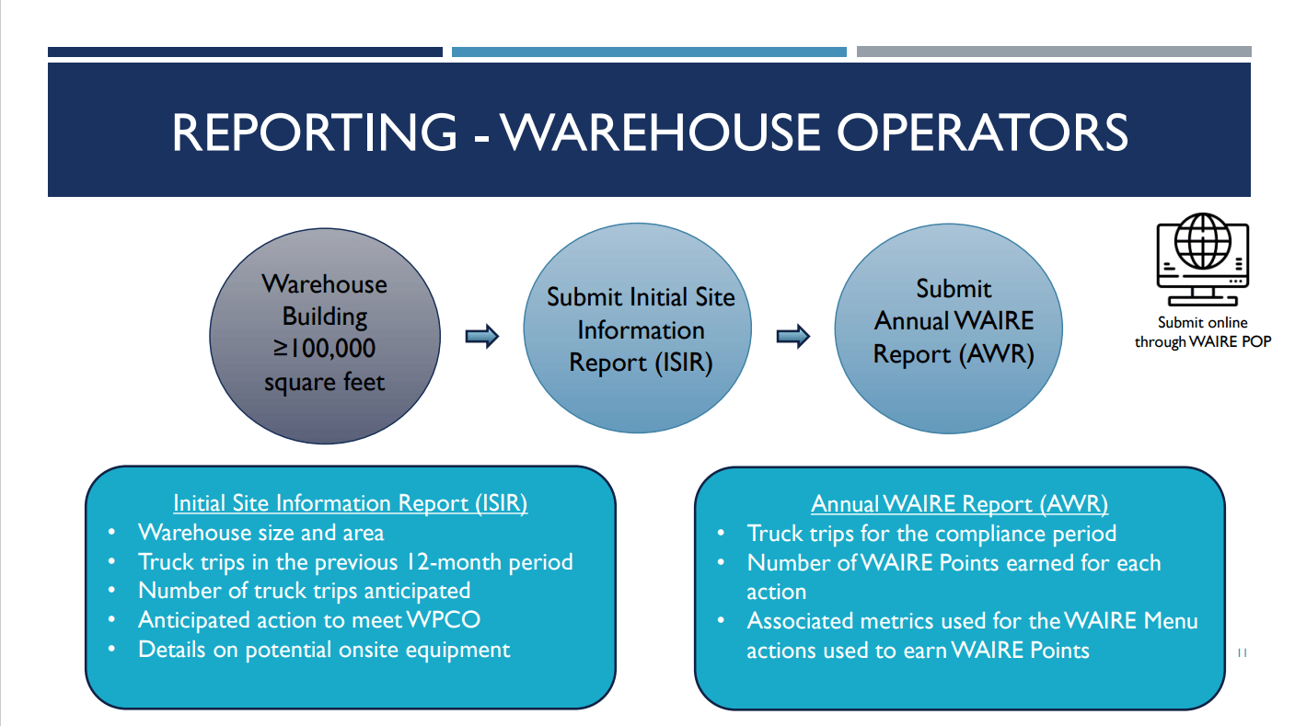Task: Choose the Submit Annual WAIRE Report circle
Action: click(x=953, y=329)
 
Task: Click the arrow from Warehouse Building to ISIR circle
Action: click(x=481, y=337)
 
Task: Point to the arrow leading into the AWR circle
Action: click(x=792, y=337)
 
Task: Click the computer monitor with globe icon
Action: click(x=1202, y=262)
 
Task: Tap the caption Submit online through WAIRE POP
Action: click(x=1202, y=332)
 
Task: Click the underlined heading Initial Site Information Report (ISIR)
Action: click(x=350, y=503)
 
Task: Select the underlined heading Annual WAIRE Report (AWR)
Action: click(x=959, y=504)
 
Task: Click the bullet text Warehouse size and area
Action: click(x=260, y=533)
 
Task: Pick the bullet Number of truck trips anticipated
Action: click(x=304, y=591)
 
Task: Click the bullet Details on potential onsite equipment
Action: click(x=324, y=650)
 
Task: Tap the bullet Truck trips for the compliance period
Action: click(x=931, y=534)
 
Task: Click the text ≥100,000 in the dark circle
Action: click(x=324, y=350)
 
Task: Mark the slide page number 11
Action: click(x=1241, y=653)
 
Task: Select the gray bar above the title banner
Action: click(x=1054, y=52)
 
